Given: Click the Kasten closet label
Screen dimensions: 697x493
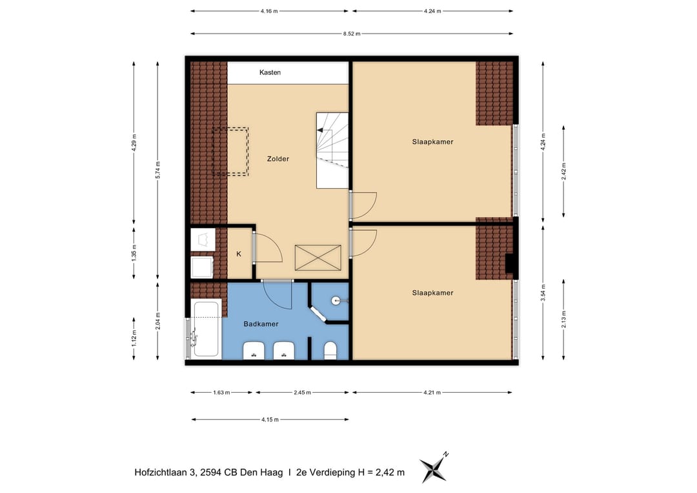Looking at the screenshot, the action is click(x=270, y=72).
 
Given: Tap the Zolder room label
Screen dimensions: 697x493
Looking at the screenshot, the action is click(x=278, y=159).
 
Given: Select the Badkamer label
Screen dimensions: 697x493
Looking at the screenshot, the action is click(x=261, y=324).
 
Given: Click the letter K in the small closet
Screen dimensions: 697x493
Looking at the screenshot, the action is click(x=239, y=254).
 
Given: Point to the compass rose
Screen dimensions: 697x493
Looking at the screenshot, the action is click(x=434, y=468).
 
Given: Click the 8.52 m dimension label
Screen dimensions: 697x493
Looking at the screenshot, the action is click(x=352, y=34).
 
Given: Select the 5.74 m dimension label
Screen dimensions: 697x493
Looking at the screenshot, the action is click(x=158, y=170).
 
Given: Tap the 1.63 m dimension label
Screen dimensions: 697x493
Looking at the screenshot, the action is click(x=221, y=392).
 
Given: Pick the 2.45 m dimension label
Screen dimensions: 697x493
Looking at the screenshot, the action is click(x=302, y=392).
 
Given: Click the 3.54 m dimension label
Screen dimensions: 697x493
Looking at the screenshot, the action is click(x=543, y=292).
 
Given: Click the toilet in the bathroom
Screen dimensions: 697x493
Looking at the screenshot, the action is click(x=330, y=350).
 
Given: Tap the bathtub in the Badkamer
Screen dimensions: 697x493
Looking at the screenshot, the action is click(x=207, y=329).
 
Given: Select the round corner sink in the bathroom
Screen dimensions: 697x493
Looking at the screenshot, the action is click(x=336, y=301).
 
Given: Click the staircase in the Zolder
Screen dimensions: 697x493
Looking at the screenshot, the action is click(x=332, y=151).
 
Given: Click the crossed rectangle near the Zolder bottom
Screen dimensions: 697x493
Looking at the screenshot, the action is click(x=318, y=258).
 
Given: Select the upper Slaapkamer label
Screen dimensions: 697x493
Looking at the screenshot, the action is click(x=432, y=142).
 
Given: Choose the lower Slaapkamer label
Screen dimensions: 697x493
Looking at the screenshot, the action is click(x=432, y=293).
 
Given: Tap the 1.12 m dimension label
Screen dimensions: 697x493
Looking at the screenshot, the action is click(x=134, y=338).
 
